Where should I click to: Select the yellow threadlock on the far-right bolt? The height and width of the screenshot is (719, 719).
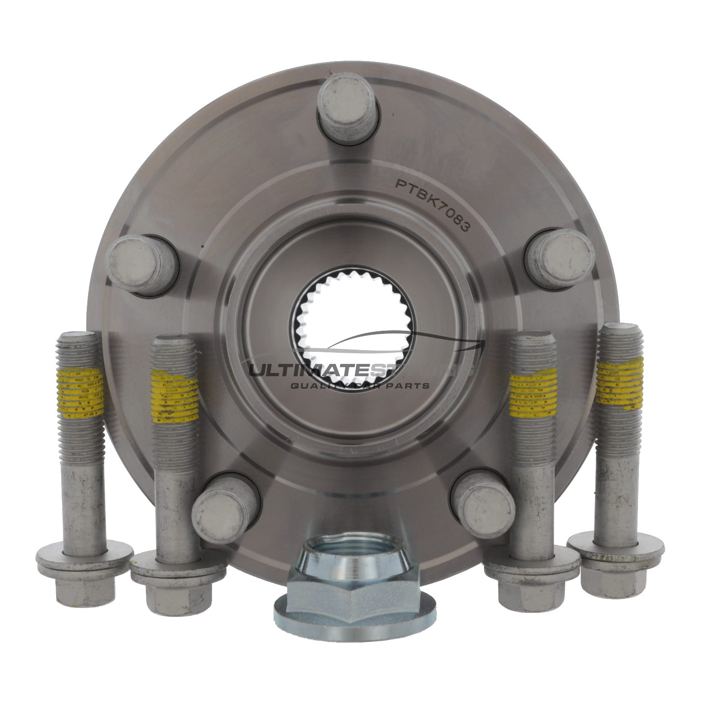pos(619,383)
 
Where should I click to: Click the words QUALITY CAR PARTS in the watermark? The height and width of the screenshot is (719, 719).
pos(359,386)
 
